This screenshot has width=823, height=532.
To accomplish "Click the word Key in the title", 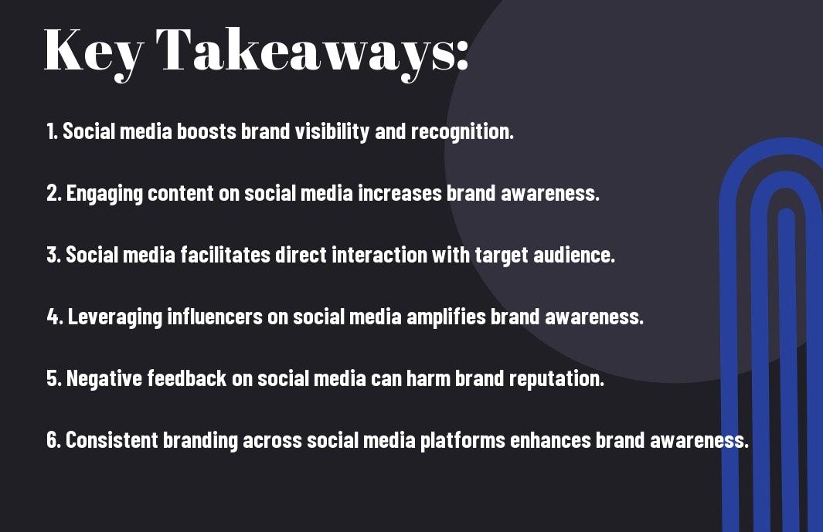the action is (94, 52).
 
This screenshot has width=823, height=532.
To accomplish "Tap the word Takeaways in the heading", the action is (311, 52).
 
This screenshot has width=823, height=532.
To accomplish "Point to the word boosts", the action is (206, 131).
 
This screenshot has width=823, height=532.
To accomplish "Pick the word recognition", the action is (462, 132).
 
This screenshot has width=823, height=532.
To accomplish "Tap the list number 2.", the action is (53, 193).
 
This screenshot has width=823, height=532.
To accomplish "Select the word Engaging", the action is (104, 194).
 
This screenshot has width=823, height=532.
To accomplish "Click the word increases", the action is (400, 193).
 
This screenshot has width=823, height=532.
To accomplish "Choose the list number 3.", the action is (53, 255).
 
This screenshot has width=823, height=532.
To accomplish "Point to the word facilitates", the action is (226, 255).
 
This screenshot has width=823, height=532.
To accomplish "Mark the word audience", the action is (574, 255).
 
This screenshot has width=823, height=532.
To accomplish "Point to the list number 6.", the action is (53, 439).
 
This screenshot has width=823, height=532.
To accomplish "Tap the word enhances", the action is (550, 439).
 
